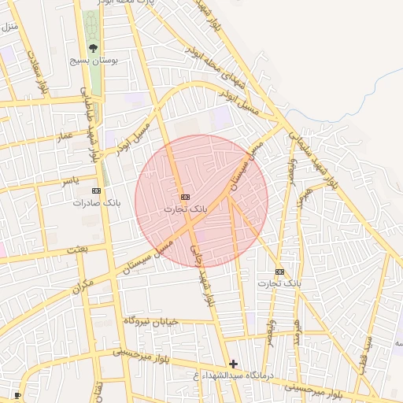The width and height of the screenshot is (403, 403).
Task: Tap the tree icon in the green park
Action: click(94, 48)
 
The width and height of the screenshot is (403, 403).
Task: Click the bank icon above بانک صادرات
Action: click(96, 190)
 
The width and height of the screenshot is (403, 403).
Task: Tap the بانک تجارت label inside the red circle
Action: click(186, 209)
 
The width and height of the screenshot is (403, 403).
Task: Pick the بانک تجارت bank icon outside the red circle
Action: click(279, 271)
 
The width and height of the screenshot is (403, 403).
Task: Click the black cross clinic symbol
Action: click(233, 364)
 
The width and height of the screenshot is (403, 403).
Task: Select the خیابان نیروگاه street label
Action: click(151, 321)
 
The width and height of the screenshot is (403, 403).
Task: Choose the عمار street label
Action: click(64, 137)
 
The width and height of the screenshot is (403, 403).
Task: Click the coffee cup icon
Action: click(17, 394)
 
